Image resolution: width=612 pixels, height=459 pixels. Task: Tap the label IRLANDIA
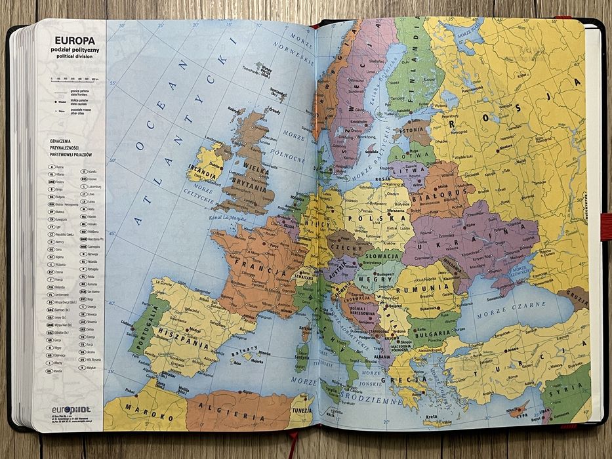tap(203, 174)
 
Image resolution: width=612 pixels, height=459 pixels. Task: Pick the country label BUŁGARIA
tap(430, 333)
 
